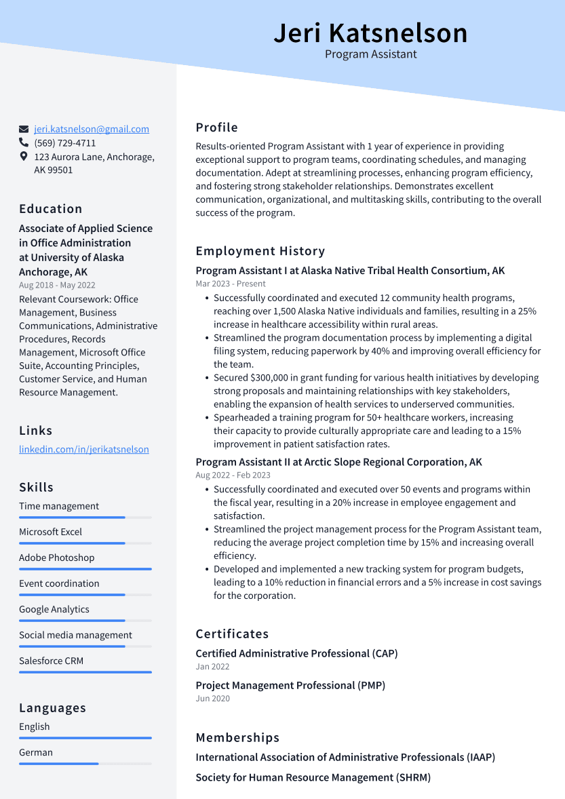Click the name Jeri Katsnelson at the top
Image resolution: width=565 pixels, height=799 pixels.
coord(370,33)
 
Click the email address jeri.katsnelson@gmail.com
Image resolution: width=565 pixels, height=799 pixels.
coord(92,129)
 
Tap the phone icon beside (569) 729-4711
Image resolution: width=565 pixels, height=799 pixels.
coord(24,143)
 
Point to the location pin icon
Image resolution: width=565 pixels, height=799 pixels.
coord(24,157)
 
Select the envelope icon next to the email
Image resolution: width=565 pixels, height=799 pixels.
coord(24,129)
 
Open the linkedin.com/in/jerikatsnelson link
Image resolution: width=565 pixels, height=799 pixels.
coord(83,449)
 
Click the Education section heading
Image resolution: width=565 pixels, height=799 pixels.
coord(50,209)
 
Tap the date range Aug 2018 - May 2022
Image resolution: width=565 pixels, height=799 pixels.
coord(57,286)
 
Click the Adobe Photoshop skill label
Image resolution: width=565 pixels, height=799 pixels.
coord(56,558)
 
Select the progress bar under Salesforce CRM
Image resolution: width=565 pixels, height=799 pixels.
coord(85,672)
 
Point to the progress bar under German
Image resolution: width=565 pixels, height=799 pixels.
coord(85,764)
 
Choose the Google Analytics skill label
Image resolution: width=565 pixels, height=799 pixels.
coord(54,609)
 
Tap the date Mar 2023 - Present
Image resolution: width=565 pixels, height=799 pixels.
coord(231,284)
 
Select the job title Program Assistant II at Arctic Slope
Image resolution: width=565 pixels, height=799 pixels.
coord(338,462)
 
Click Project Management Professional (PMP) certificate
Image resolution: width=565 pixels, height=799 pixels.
coord(290,685)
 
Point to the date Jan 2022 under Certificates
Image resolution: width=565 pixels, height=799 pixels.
coord(212,667)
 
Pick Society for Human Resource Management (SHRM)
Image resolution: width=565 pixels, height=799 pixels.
coord(313,777)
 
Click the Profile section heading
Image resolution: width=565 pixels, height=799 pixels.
coord(216,128)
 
